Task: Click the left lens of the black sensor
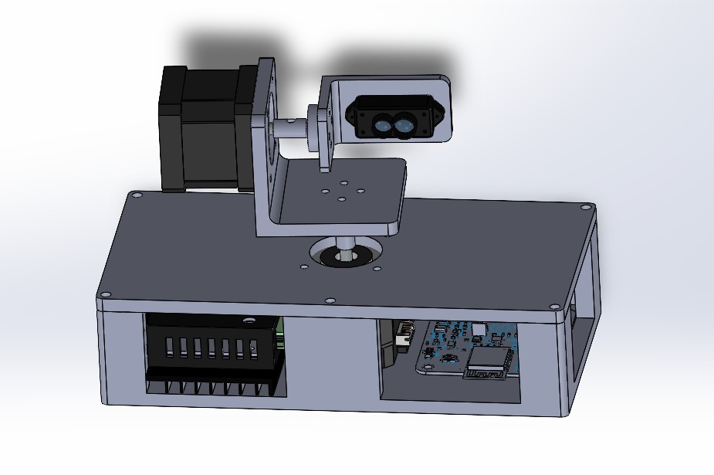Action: (x=382, y=123)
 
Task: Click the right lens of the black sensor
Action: (x=404, y=124)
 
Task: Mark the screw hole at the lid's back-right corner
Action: (x=584, y=207)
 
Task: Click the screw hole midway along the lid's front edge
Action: (x=330, y=299)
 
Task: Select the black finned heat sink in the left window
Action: (x=208, y=355)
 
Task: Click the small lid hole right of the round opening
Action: (x=377, y=269)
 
